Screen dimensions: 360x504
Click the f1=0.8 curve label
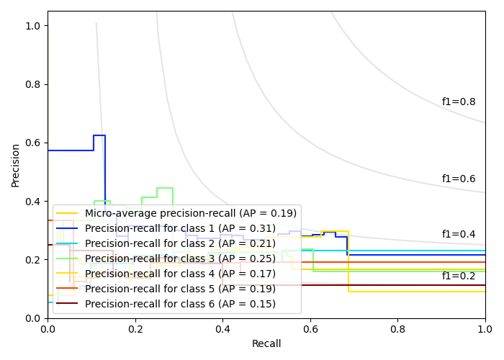(x=459, y=102)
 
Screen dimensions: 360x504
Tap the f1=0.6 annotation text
(x=459, y=179)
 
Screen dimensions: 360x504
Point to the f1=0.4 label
(x=459, y=235)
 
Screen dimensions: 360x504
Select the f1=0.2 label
(x=459, y=276)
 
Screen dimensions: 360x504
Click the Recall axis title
(x=266, y=344)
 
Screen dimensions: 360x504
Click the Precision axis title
(x=16, y=164)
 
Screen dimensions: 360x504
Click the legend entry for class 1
(x=180, y=228)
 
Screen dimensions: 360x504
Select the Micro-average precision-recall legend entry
(x=191, y=213)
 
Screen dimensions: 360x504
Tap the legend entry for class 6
(x=180, y=304)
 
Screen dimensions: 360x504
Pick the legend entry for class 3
(x=180, y=258)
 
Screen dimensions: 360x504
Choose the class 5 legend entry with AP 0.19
(x=180, y=289)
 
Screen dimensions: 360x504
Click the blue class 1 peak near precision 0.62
(x=99, y=135)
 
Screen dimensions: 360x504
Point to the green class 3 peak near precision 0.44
(x=165, y=188)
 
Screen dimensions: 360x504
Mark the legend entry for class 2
(x=180, y=243)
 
